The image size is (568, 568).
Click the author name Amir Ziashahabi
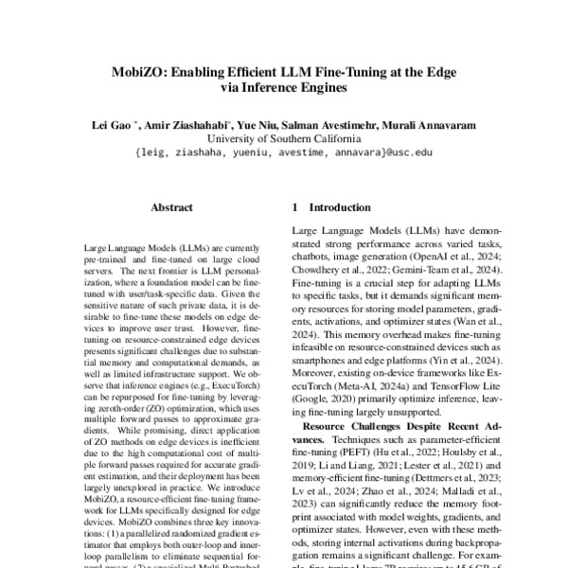click(181, 123)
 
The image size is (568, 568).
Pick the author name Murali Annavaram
click(429, 123)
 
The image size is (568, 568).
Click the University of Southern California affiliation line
click(284, 136)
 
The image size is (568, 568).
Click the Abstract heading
click(171, 206)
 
